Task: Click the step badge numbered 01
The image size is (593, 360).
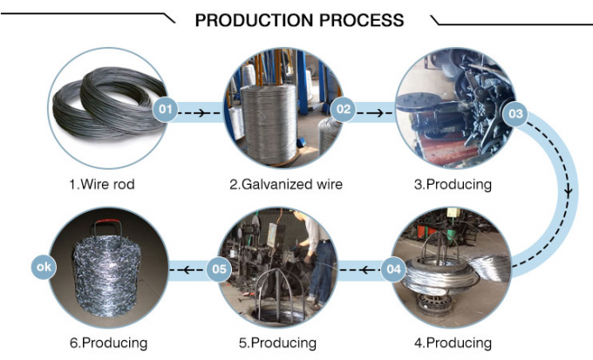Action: [166, 110]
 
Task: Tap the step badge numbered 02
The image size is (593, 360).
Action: [343, 110]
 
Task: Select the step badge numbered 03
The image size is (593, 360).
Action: [515, 112]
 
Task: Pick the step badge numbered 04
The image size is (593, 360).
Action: [393, 269]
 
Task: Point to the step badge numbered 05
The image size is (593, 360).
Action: [219, 269]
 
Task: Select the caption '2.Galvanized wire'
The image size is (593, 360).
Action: [286, 184]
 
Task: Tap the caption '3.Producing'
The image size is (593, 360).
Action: [453, 184]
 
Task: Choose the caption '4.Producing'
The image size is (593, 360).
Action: [453, 342]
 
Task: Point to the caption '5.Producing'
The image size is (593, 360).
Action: [277, 342]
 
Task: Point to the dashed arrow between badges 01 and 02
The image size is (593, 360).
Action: [205, 112]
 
